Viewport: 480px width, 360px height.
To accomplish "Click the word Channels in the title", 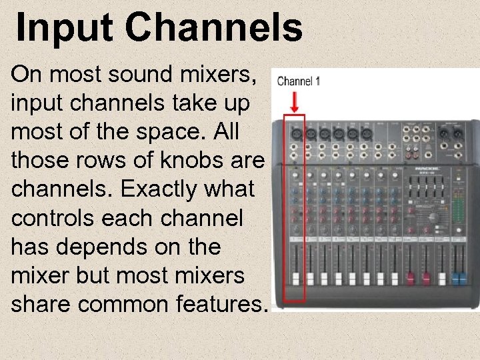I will [x=213, y=29].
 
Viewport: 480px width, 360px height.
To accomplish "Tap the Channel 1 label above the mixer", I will [x=298, y=81].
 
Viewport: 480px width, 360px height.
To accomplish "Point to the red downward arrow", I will [x=295, y=102].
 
